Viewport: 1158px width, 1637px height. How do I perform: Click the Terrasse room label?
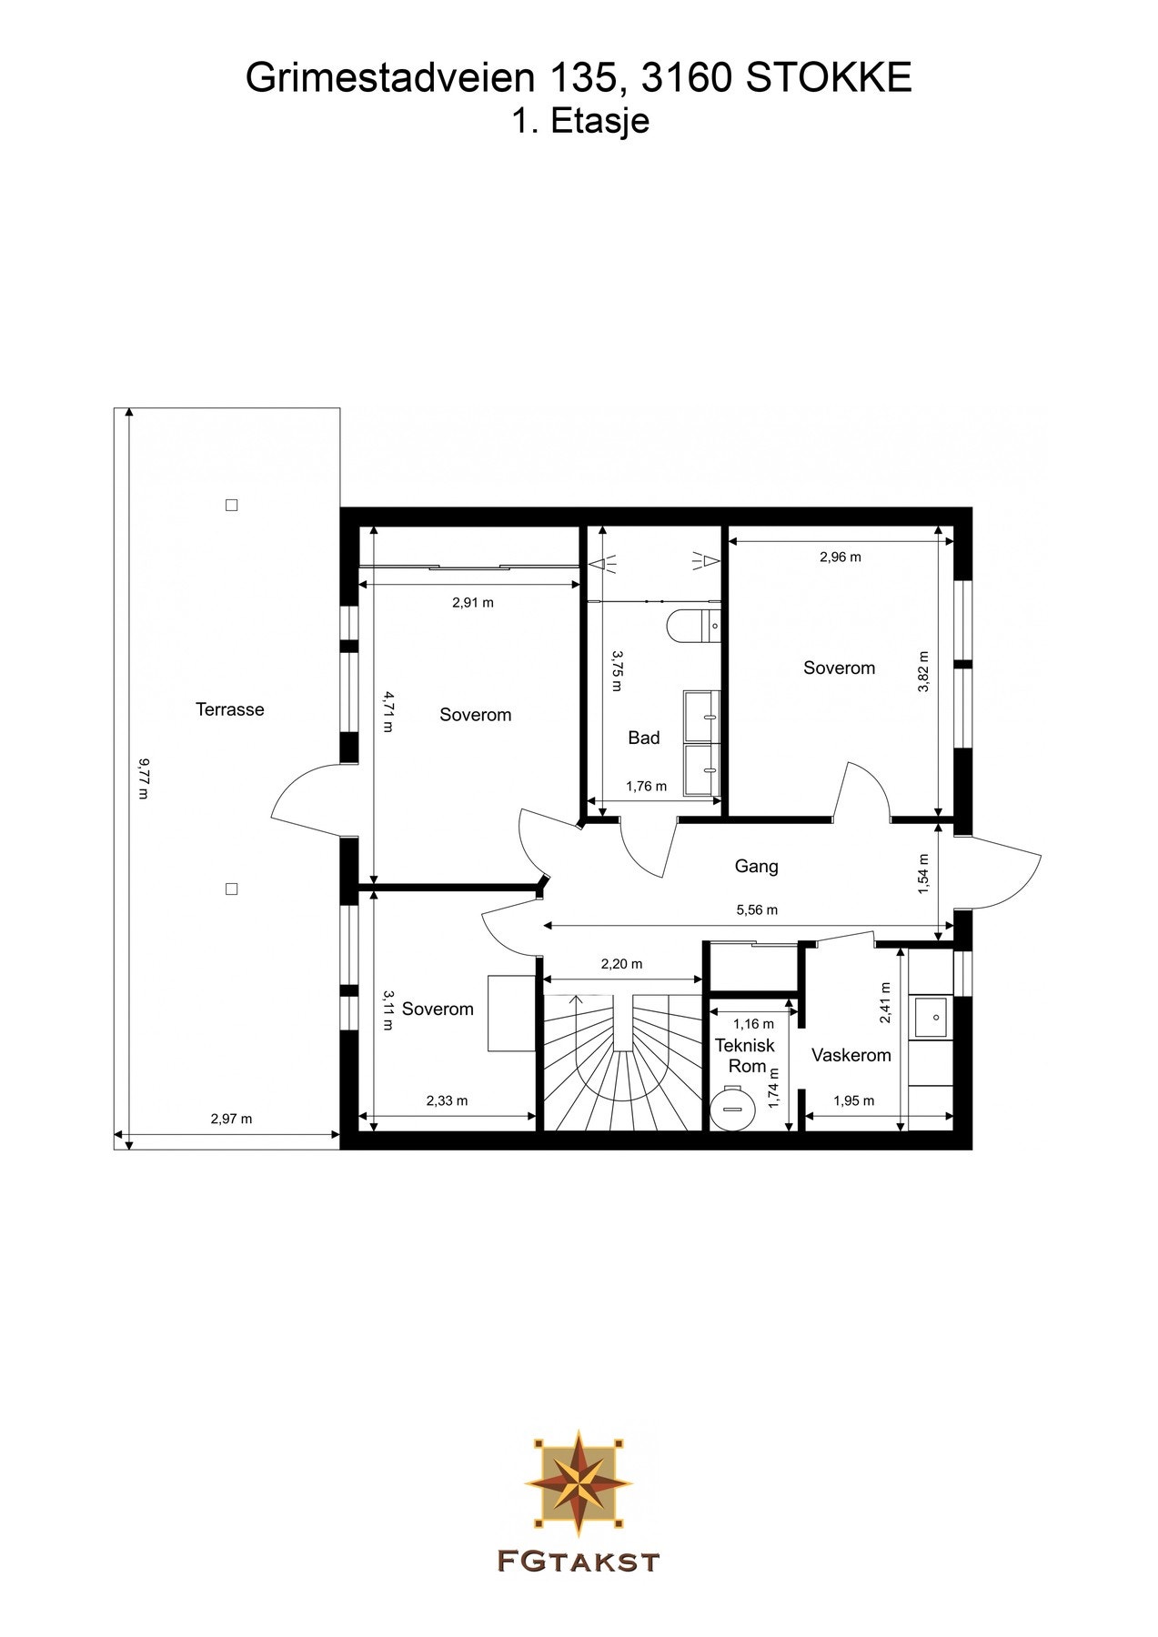(x=229, y=709)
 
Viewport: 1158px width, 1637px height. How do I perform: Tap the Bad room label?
(x=643, y=738)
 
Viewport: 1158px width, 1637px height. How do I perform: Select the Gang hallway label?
(x=756, y=867)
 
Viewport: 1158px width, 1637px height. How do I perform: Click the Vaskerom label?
(x=851, y=1055)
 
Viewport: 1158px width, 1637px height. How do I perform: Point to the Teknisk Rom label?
(x=745, y=1055)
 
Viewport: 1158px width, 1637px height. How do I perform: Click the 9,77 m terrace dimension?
(x=142, y=778)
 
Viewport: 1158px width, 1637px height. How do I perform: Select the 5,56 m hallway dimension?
(x=756, y=910)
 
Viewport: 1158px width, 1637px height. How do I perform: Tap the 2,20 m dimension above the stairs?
(x=621, y=964)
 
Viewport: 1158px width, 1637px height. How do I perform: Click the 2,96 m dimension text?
(x=840, y=557)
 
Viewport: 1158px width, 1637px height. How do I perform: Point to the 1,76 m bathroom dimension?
(x=646, y=787)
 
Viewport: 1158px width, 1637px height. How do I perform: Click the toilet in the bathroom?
(x=693, y=626)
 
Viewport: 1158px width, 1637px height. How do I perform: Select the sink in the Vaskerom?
(x=931, y=1016)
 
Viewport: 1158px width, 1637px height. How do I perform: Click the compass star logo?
(x=579, y=1481)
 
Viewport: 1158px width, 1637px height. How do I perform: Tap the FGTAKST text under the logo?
(x=579, y=1562)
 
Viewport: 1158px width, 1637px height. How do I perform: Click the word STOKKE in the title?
(x=829, y=79)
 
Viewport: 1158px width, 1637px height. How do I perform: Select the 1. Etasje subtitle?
(x=579, y=121)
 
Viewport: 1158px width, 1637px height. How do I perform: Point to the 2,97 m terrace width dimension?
(x=231, y=1120)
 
